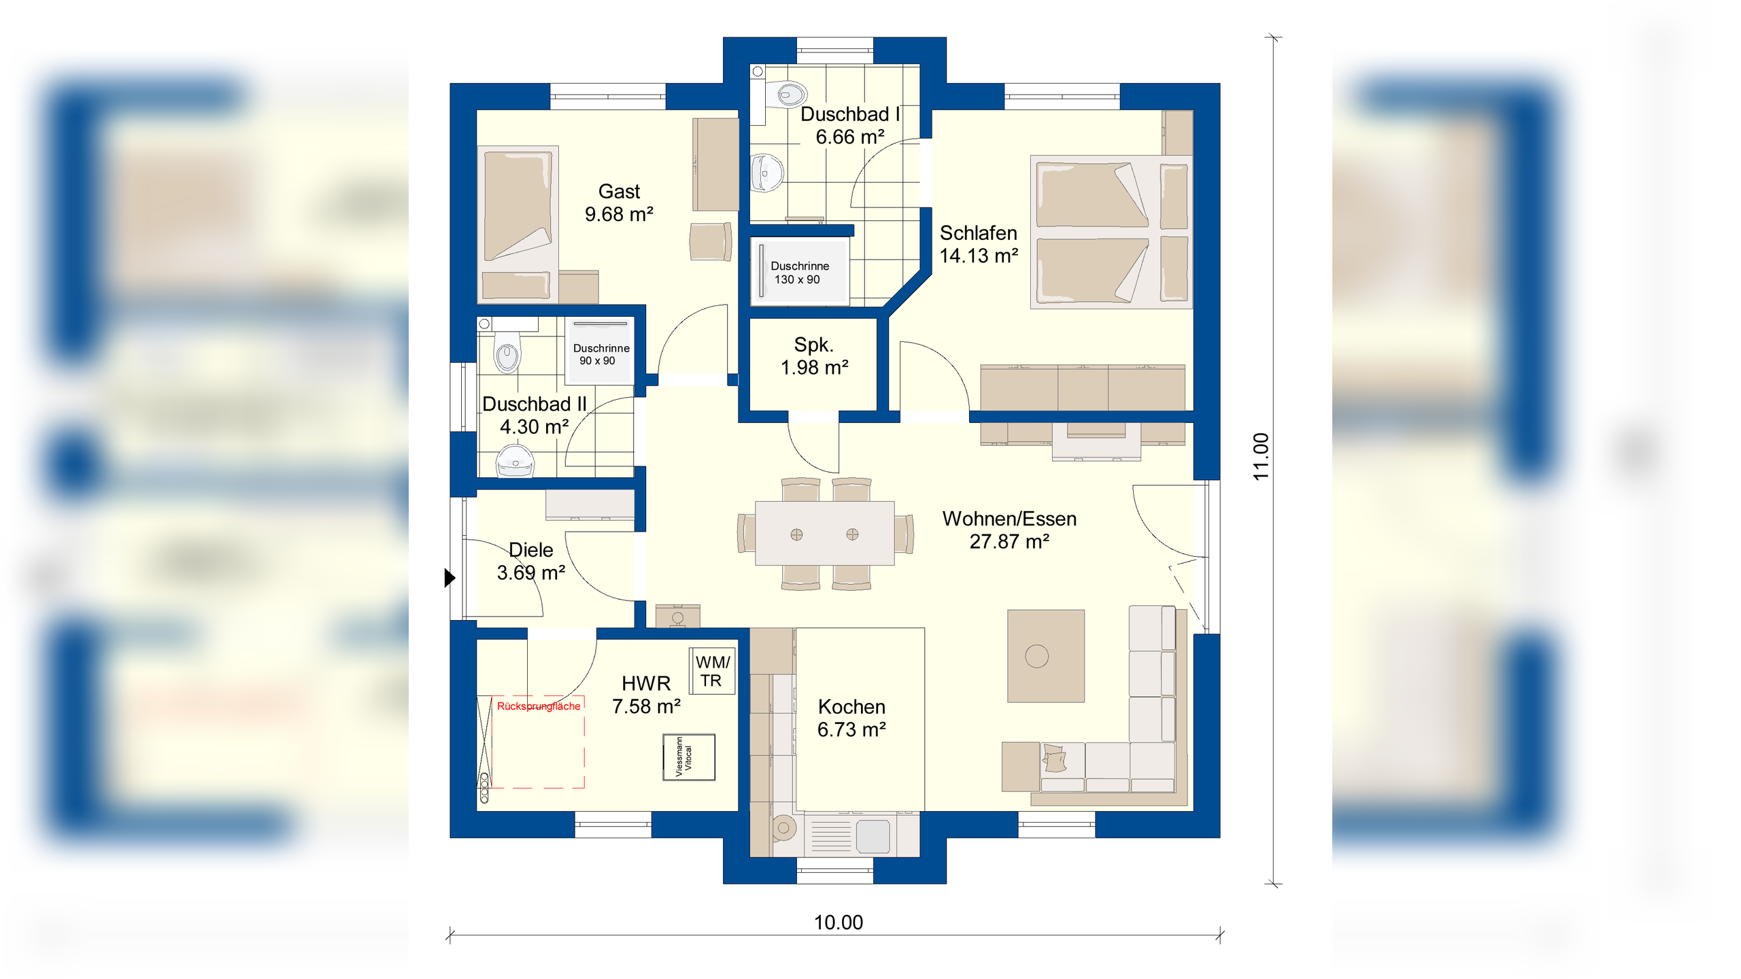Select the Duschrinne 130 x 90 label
point(799,273)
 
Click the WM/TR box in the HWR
point(713,671)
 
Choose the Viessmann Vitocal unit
point(689,757)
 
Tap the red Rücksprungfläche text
point(539,706)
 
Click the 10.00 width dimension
point(838,923)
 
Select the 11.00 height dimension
point(1261,457)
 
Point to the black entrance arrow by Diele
point(450,578)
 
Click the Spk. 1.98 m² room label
point(814,356)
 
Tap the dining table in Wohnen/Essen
point(824,533)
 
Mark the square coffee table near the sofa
point(1046,656)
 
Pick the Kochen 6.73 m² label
point(851,718)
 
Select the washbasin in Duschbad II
point(515,460)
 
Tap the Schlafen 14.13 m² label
point(979,244)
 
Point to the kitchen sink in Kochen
point(873,836)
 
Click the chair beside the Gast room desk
point(711,241)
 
